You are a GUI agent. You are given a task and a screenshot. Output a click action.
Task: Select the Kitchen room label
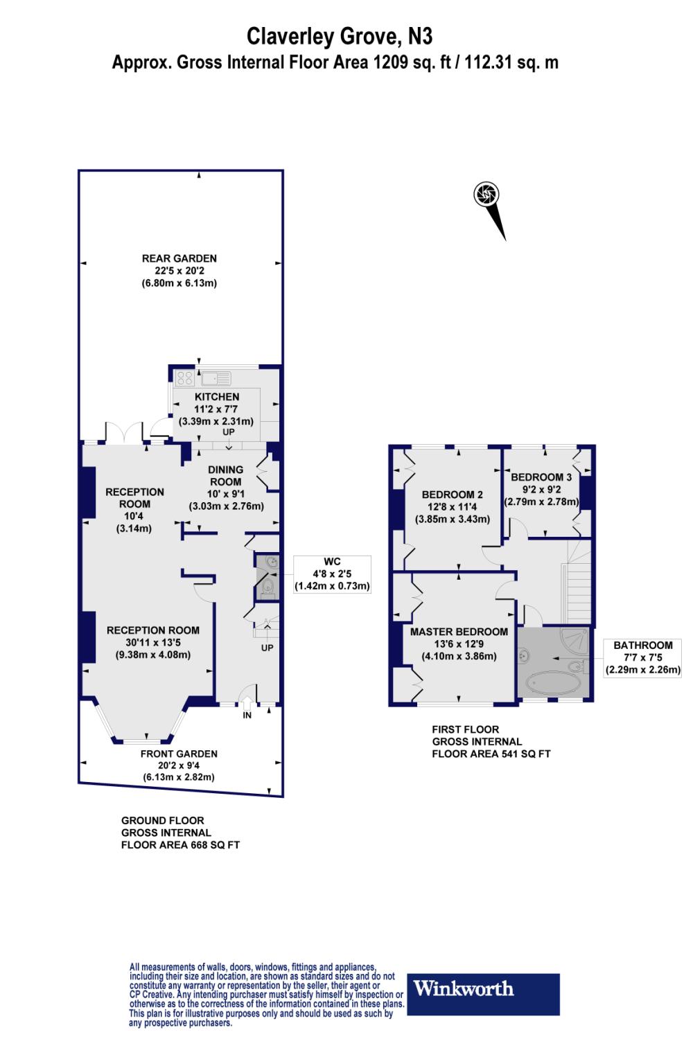[x=217, y=397]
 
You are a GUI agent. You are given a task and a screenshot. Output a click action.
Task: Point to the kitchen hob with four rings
[x=185, y=378]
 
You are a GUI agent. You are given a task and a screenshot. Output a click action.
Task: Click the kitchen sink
[x=217, y=378]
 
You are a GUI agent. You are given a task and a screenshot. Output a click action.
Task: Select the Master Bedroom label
[x=459, y=632]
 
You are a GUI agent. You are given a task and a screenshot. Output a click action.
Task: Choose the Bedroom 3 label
[x=541, y=477]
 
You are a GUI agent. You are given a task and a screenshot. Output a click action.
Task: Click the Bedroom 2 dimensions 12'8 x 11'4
[x=453, y=507]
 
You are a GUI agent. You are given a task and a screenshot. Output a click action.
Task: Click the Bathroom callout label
[x=643, y=657]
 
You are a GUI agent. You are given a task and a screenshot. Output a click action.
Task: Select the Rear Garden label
[x=179, y=258]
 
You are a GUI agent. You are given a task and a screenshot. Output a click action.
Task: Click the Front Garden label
[x=179, y=754]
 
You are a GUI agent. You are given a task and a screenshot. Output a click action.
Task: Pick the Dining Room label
[x=226, y=476]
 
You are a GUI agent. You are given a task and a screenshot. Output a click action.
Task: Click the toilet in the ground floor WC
[x=268, y=589]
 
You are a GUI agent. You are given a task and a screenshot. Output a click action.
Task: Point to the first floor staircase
[x=578, y=582]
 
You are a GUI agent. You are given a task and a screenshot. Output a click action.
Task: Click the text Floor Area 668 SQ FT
[x=180, y=845]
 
